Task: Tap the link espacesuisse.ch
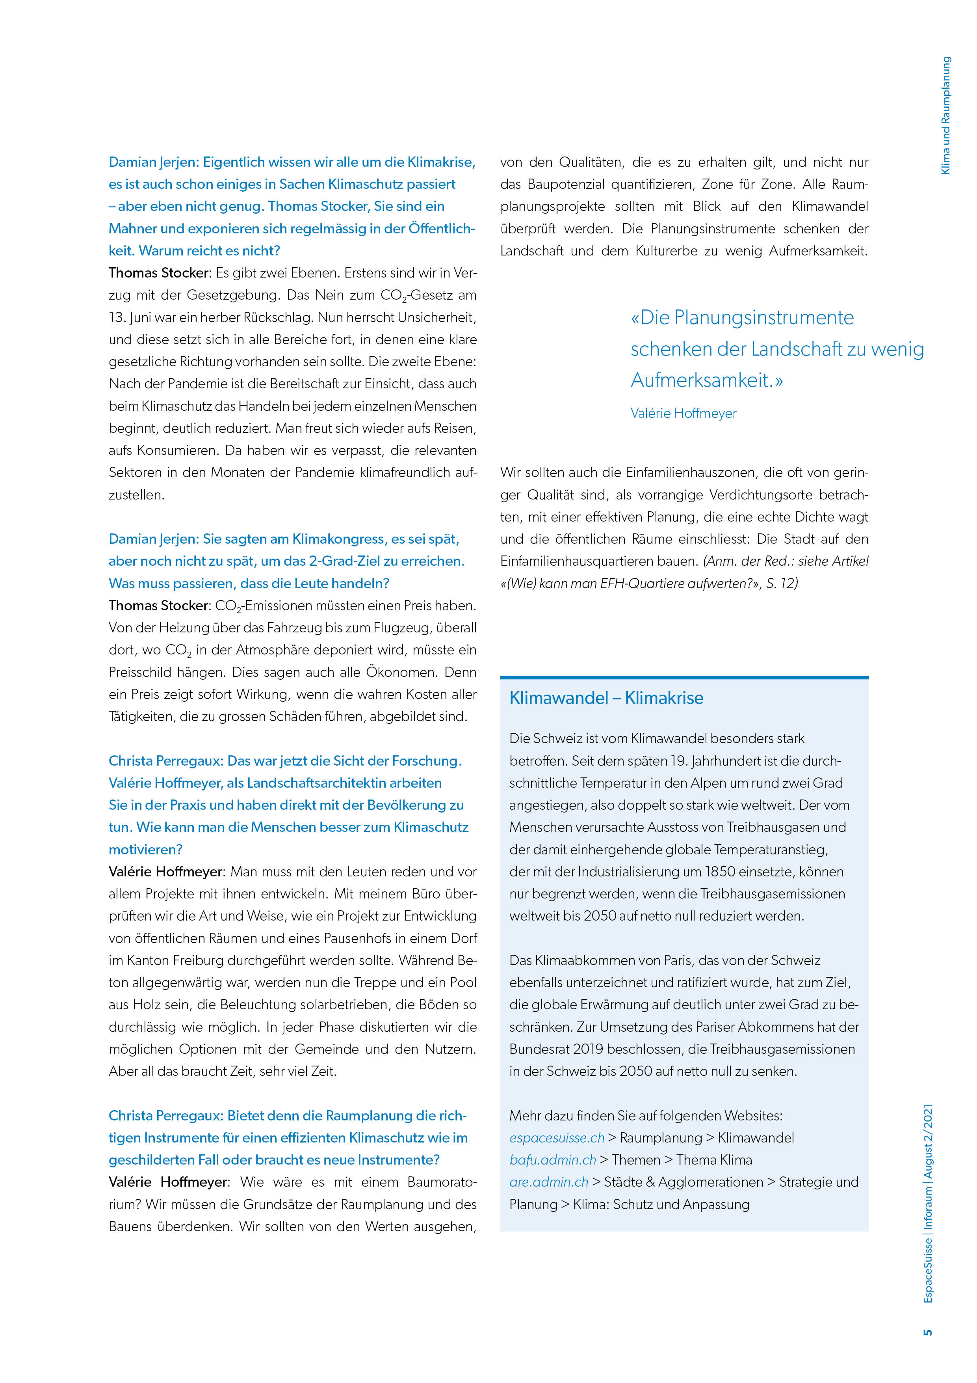pos(556,1138)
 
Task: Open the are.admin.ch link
pos(548,1182)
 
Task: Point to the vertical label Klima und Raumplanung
pos(946,116)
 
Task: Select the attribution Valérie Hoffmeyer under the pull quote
pos(683,413)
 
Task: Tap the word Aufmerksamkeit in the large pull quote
pos(702,380)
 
